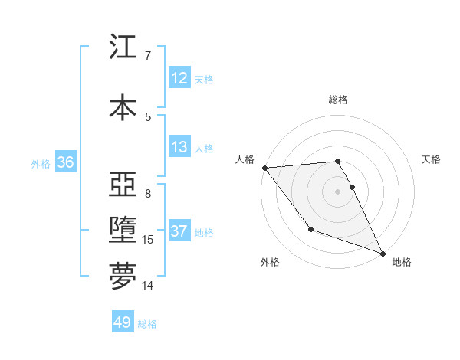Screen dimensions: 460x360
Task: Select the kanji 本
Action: tap(123, 106)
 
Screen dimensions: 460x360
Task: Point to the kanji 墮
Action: tap(123, 231)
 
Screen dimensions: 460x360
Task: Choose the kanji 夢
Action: tap(123, 277)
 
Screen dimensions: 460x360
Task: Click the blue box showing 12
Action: tap(179, 78)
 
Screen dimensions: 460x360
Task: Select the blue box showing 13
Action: tap(179, 147)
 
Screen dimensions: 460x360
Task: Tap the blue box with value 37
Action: tap(179, 231)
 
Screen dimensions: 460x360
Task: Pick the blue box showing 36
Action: tap(65, 162)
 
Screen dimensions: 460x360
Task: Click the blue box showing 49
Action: tap(122, 322)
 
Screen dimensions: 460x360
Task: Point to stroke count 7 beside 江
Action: tap(147, 56)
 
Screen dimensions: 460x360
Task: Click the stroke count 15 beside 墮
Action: tap(149, 240)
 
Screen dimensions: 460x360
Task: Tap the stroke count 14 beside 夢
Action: tap(148, 286)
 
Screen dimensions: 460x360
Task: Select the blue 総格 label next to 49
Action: tap(147, 324)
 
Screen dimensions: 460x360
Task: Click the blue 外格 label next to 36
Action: tap(41, 164)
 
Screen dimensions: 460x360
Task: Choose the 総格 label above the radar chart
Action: tap(338, 100)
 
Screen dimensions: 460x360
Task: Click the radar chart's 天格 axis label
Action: tap(432, 159)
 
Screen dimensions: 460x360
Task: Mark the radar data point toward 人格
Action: tap(264, 168)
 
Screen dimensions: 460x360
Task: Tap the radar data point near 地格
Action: tap(383, 254)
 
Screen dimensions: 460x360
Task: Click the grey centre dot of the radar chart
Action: tap(338, 191)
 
